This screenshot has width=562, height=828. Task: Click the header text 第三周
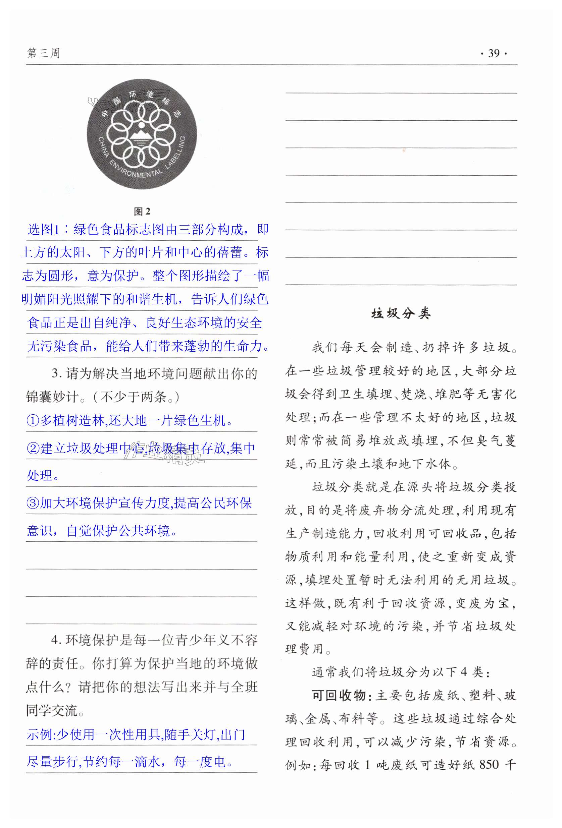[x=43, y=53]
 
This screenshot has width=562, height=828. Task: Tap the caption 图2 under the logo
[x=142, y=212]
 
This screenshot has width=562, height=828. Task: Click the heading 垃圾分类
[x=401, y=313]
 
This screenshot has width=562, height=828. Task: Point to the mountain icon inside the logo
[x=142, y=135]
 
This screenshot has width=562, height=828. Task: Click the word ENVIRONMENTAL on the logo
[x=135, y=171]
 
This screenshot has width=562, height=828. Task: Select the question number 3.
[x=55, y=374]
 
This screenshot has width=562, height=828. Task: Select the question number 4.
[x=55, y=640]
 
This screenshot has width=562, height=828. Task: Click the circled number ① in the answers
[x=33, y=421]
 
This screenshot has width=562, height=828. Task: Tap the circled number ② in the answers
[x=33, y=448]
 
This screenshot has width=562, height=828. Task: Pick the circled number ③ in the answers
[x=33, y=503]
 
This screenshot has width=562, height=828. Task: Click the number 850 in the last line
[x=489, y=764]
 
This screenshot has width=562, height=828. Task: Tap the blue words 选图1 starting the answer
[x=43, y=229]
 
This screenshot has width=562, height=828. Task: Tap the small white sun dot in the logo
[x=142, y=125]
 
